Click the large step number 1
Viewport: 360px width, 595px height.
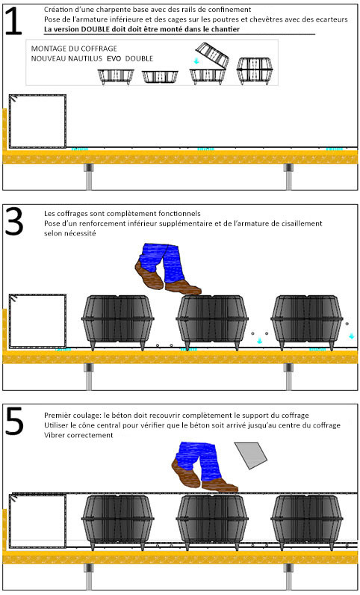13,21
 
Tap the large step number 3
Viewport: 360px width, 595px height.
13,221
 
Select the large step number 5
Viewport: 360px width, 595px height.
13,421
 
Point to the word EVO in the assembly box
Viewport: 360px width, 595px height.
114,58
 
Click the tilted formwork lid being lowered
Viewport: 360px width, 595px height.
212,55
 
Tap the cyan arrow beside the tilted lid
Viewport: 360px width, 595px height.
196,61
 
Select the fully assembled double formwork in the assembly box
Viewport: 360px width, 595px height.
255,71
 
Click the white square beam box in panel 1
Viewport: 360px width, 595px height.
37,121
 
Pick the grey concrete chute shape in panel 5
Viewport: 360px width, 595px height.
251,455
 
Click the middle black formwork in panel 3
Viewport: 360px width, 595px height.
212,321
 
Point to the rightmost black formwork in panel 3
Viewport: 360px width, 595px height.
307,321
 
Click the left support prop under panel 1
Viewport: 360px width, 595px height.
88,176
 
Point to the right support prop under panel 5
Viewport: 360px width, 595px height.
289,577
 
